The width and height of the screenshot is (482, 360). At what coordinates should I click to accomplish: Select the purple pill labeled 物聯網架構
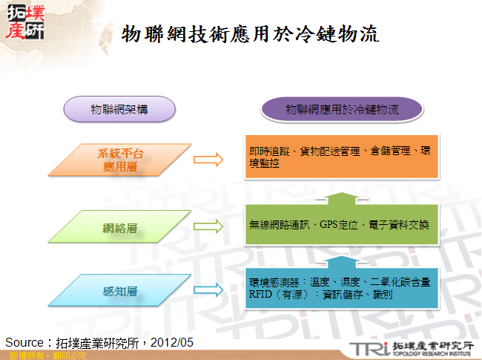119,109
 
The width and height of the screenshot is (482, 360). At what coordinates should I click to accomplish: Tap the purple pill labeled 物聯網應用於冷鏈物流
342,110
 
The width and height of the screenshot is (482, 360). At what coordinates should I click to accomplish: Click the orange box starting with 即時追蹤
343,157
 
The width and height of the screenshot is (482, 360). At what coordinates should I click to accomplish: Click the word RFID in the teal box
262,294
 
